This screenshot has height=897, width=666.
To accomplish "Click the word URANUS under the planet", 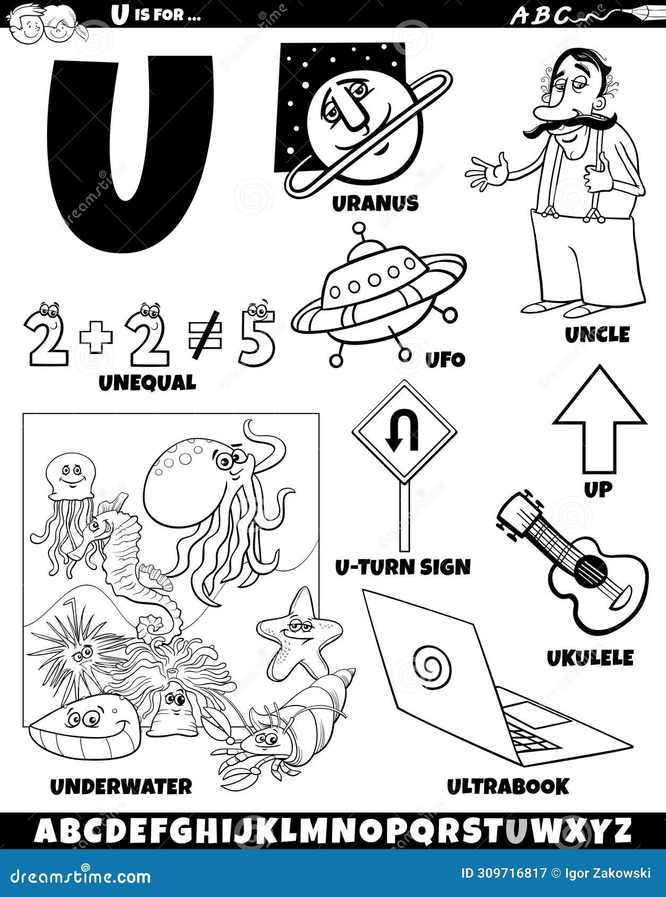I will [375, 203].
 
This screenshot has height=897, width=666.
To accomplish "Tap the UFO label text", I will [445, 360].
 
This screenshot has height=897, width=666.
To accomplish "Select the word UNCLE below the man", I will [597, 335].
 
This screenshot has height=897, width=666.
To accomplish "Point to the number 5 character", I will [257, 338].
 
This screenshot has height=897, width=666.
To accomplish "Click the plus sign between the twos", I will [96, 340].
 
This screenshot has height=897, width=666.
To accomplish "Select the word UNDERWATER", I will [121, 786].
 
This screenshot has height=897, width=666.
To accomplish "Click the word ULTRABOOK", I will [507, 786].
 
